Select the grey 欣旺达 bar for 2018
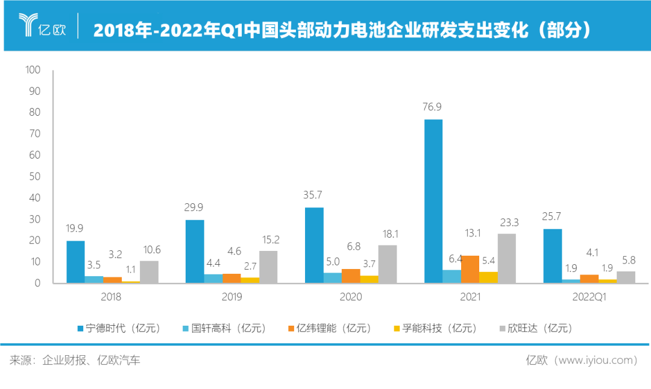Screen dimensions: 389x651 point(149,271)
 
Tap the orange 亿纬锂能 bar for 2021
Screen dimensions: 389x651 point(470,269)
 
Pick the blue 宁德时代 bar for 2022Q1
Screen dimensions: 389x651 point(553,256)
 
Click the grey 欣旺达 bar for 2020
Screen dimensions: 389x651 point(388,264)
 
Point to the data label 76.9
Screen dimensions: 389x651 point(434,107)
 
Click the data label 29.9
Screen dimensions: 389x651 point(194,208)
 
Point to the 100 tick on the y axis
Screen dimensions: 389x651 point(33,70)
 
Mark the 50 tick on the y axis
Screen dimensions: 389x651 point(34,176)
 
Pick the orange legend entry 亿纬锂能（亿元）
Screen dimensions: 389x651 point(331,329)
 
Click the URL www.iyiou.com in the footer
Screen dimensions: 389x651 point(597,361)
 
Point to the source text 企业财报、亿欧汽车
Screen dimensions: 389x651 point(91,361)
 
